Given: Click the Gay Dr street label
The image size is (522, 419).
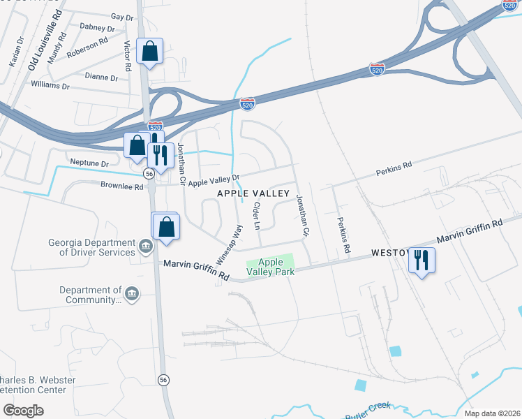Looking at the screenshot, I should pyautogui.click(x=121, y=16).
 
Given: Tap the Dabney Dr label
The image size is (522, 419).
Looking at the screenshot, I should pyautogui.click(x=97, y=29).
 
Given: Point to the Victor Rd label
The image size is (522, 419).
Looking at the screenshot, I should pyautogui.click(x=127, y=57).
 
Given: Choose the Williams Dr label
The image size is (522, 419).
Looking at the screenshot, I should pyautogui.click(x=50, y=86).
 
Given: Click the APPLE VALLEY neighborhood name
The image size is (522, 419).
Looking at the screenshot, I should pyautogui.click(x=253, y=193).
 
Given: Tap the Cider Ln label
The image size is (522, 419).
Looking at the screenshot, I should pyautogui.click(x=256, y=216).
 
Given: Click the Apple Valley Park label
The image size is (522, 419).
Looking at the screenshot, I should pyautogui.click(x=271, y=267).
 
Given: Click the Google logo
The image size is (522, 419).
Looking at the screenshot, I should pyautogui.click(x=23, y=410).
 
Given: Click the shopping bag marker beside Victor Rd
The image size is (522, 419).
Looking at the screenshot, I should pyautogui.click(x=149, y=51).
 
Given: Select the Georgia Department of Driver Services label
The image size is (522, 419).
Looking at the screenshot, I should pyautogui.click(x=91, y=248).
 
